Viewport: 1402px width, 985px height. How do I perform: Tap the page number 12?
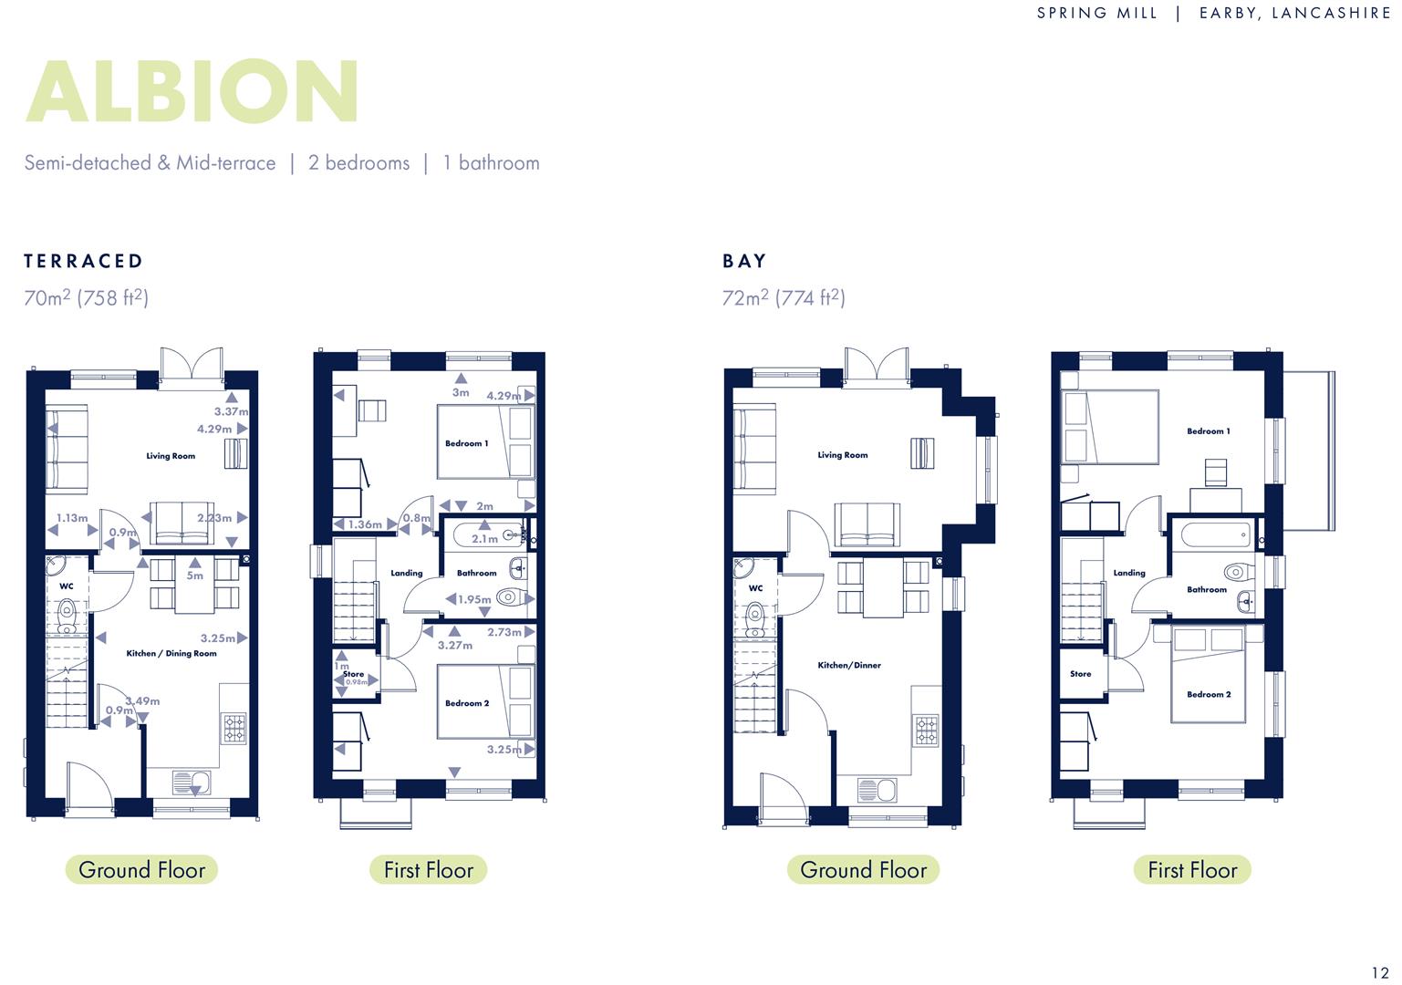click(1380, 972)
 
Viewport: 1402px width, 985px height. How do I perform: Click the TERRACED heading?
click(84, 262)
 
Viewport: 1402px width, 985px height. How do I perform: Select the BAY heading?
click(744, 262)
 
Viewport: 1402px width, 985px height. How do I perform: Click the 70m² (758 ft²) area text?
click(86, 298)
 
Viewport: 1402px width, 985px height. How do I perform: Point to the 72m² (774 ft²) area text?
click(784, 298)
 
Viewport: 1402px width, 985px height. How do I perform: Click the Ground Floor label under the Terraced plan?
click(141, 870)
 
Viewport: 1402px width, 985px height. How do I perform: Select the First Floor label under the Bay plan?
click(1191, 870)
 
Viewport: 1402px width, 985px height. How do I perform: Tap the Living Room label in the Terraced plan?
click(171, 456)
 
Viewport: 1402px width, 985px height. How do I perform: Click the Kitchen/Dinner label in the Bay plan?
click(849, 666)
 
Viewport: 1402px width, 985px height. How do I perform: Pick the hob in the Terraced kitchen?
click(234, 728)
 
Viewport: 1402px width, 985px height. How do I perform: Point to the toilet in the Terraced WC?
click(67, 615)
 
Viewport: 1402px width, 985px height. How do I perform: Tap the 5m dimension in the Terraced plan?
click(195, 575)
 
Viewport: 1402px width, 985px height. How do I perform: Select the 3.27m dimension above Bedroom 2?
click(454, 646)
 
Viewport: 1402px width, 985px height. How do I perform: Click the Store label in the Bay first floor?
click(1080, 674)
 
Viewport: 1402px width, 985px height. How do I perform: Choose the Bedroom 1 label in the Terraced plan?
click(466, 444)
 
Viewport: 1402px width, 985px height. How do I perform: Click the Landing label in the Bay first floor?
click(1128, 574)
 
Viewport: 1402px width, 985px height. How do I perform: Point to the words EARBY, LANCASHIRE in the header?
click(1294, 14)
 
